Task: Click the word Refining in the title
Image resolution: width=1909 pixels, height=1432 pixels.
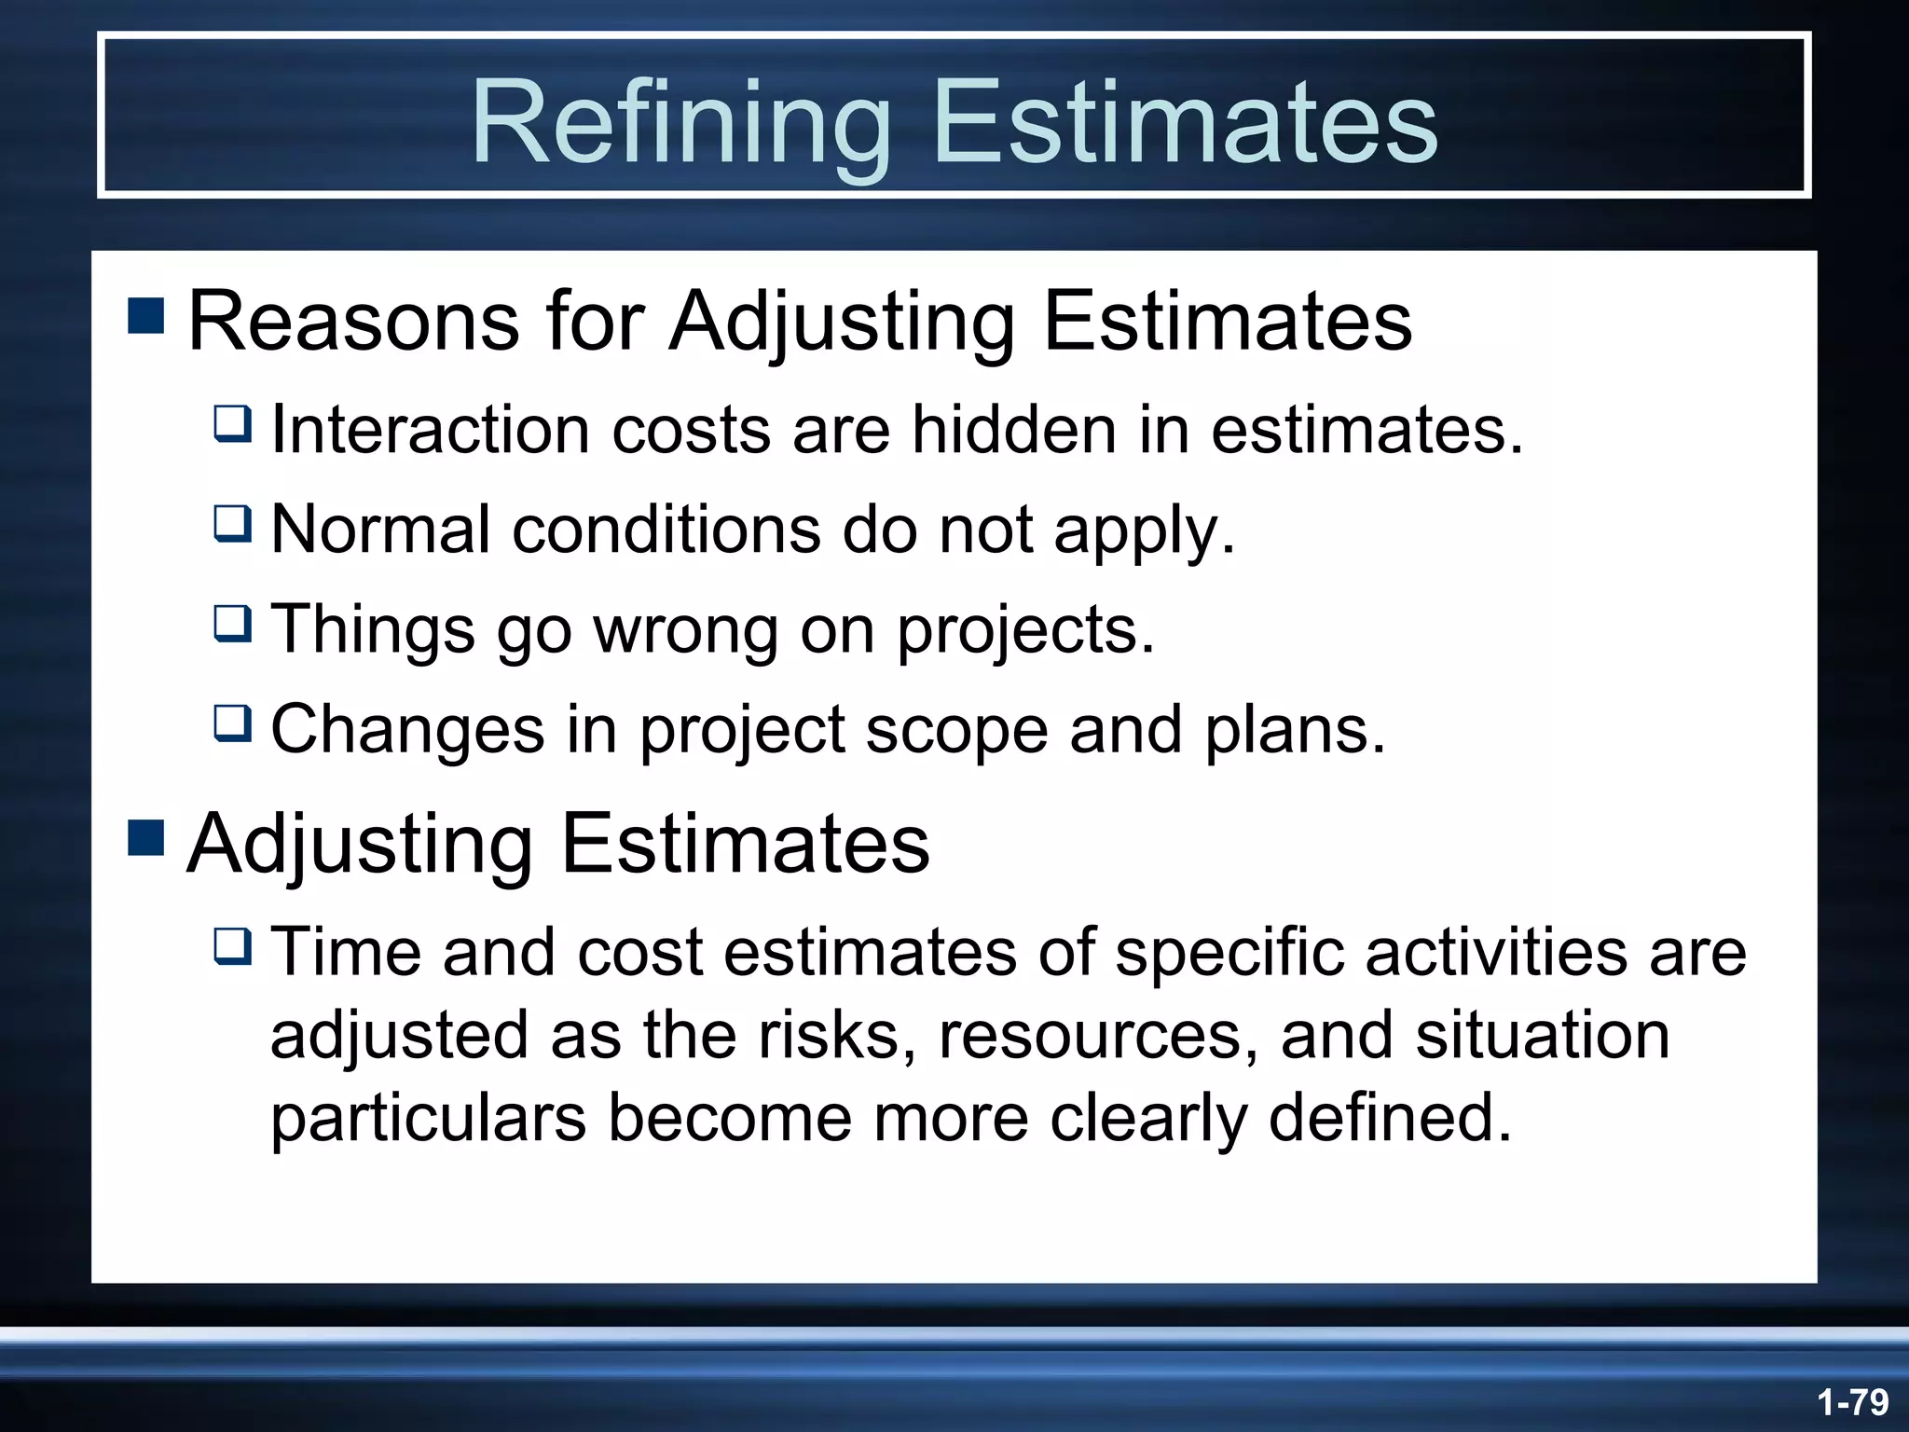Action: click(681, 123)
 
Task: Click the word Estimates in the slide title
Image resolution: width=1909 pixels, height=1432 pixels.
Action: click(1185, 123)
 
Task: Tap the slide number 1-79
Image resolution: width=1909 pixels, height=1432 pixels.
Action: click(1852, 1401)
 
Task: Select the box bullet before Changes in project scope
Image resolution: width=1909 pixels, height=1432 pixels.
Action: click(232, 723)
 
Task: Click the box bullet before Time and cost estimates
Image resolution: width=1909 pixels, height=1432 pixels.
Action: click(232, 945)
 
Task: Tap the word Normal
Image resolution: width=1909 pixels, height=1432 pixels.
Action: click(380, 530)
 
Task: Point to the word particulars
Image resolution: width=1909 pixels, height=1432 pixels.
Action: click(428, 1118)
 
